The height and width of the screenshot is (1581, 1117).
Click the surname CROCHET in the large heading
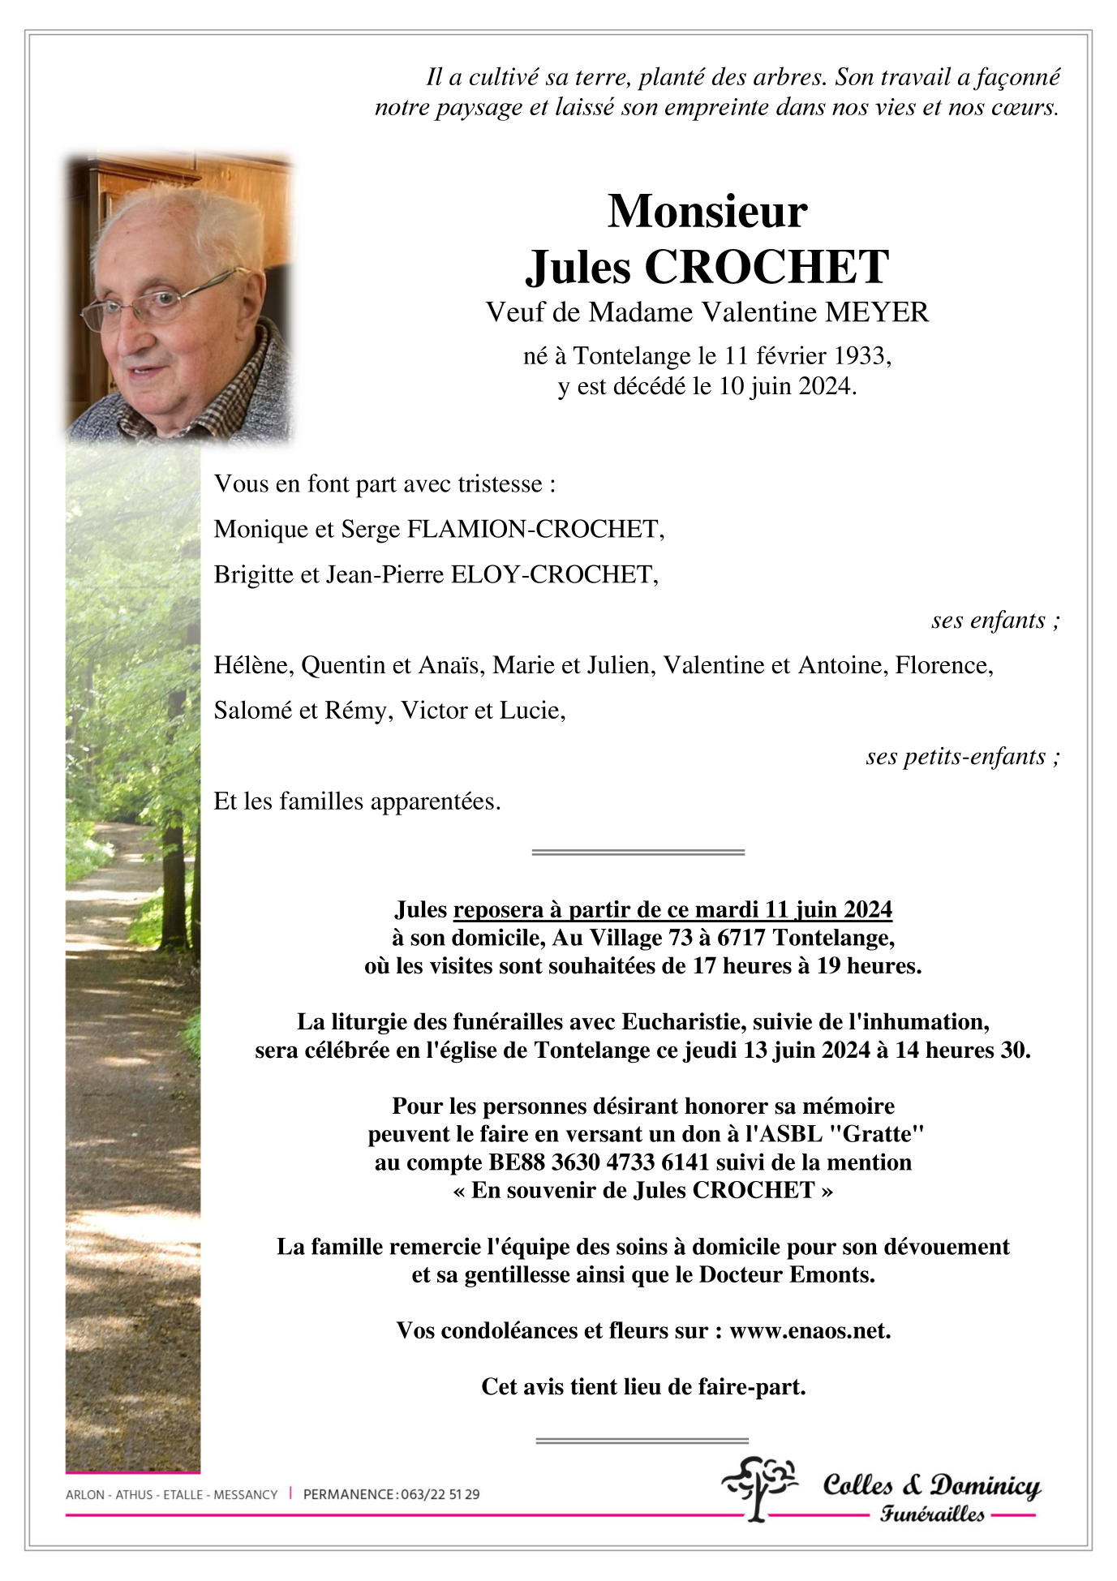[x=767, y=267]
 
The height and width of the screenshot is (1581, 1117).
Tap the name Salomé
[x=253, y=711]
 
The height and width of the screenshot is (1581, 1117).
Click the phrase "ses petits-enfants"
[x=955, y=757]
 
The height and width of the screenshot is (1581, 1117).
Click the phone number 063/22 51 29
[x=440, y=1494]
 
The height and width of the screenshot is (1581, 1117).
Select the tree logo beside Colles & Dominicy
[x=758, y=1487]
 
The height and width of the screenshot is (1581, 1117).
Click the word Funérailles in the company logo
[x=932, y=1514]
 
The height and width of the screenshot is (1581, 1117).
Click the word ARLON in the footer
[x=84, y=1494]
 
